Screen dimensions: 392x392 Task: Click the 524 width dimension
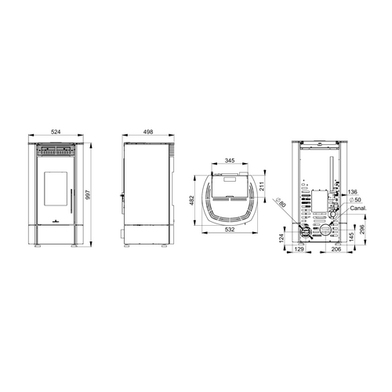click(x=56, y=132)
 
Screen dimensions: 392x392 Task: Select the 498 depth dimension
click(x=148, y=132)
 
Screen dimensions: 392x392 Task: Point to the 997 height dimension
click(x=88, y=194)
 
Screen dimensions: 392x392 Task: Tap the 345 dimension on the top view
click(x=230, y=161)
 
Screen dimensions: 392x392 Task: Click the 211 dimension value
click(x=262, y=186)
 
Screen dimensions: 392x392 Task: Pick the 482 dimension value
click(x=192, y=200)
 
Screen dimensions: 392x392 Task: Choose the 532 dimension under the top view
click(x=230, y=230)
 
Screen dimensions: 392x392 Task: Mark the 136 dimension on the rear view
click(x=353, y=192)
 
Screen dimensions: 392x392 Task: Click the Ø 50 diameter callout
click(x=355, y=200)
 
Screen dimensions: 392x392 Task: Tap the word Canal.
click(x=358, y=209)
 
